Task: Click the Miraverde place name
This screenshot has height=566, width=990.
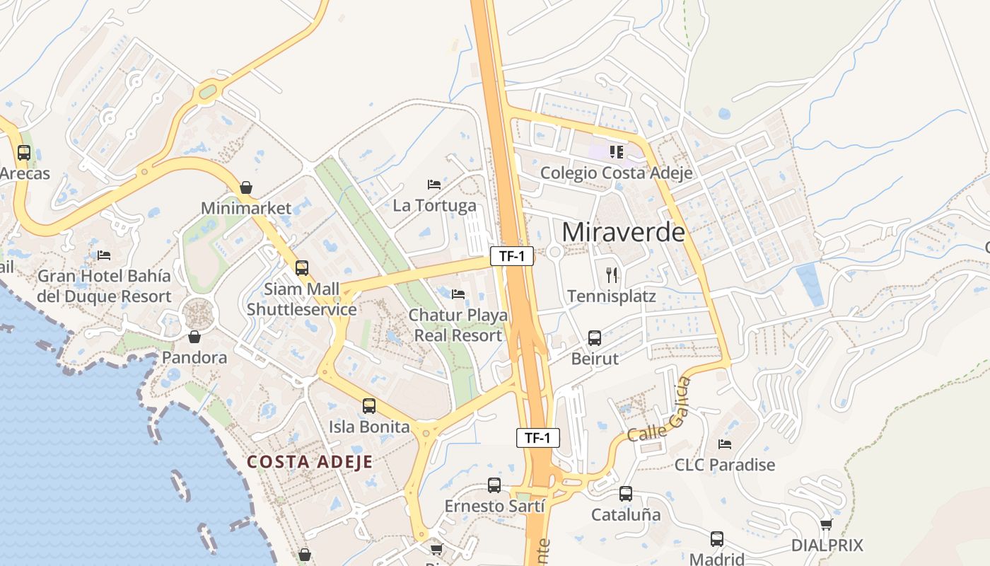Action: pos(624,231)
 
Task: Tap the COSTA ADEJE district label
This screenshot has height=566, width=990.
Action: pos(310,462)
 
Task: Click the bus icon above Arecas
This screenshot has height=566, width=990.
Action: pos(24,152)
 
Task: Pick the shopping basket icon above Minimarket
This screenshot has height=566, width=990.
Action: pos(246,187)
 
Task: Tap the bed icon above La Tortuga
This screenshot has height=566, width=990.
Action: pos(434,185)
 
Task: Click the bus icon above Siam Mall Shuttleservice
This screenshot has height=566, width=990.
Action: pos(302,268)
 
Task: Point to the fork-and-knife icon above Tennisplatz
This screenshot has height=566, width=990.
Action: pos(612,275)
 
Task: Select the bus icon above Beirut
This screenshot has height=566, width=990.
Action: pos(595,337)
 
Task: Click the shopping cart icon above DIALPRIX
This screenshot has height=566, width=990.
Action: pos(827,524)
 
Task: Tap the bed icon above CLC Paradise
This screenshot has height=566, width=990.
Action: pos(725,444)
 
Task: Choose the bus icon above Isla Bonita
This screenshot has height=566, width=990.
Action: pos(369,406)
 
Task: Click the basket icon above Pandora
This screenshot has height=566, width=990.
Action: pos(194,337)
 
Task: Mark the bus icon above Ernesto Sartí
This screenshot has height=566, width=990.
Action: pos(494,485)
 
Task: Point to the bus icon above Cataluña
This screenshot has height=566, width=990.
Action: pos(626,494)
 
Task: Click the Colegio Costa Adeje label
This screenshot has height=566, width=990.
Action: pos(616,173)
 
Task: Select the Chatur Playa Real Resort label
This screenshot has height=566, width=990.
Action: pos(458,325)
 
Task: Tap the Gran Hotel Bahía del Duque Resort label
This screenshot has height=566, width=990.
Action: pos(104,286)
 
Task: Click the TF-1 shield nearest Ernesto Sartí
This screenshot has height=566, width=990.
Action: pos(537,438)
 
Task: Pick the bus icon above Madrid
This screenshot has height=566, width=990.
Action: pos(717,539)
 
